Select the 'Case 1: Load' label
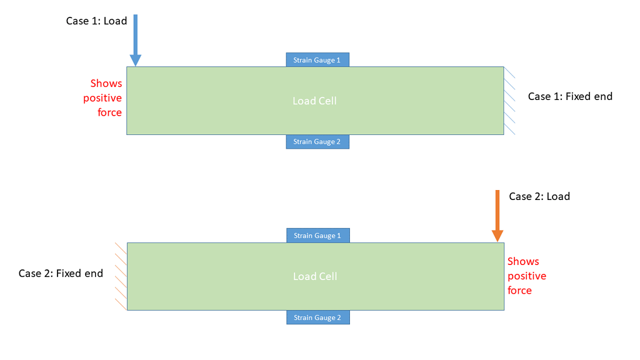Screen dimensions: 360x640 (96, 21)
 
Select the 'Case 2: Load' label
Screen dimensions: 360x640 (539, 196)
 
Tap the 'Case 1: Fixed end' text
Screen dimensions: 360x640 (570, 96)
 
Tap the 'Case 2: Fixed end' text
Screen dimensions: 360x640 (61, 273)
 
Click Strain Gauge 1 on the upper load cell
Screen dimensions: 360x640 (317, 60)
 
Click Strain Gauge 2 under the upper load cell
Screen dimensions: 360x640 (317, 142)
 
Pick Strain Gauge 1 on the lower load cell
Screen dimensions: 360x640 (317, 236)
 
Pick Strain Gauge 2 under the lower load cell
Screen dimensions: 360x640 (317, 317)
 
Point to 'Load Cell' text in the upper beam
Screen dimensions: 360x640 (314, 101)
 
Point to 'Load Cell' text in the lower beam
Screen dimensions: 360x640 (314, 276)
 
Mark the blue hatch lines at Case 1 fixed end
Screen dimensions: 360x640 (510, 101)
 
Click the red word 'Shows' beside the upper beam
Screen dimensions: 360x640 (106, 83)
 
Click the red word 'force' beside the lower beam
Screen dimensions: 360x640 (519, 291)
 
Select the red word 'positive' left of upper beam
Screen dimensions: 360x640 (102, 98)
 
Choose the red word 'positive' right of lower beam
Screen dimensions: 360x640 (527, 276)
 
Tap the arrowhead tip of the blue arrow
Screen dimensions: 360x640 (135, 65)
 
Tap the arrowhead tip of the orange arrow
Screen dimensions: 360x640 (497, 241)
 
